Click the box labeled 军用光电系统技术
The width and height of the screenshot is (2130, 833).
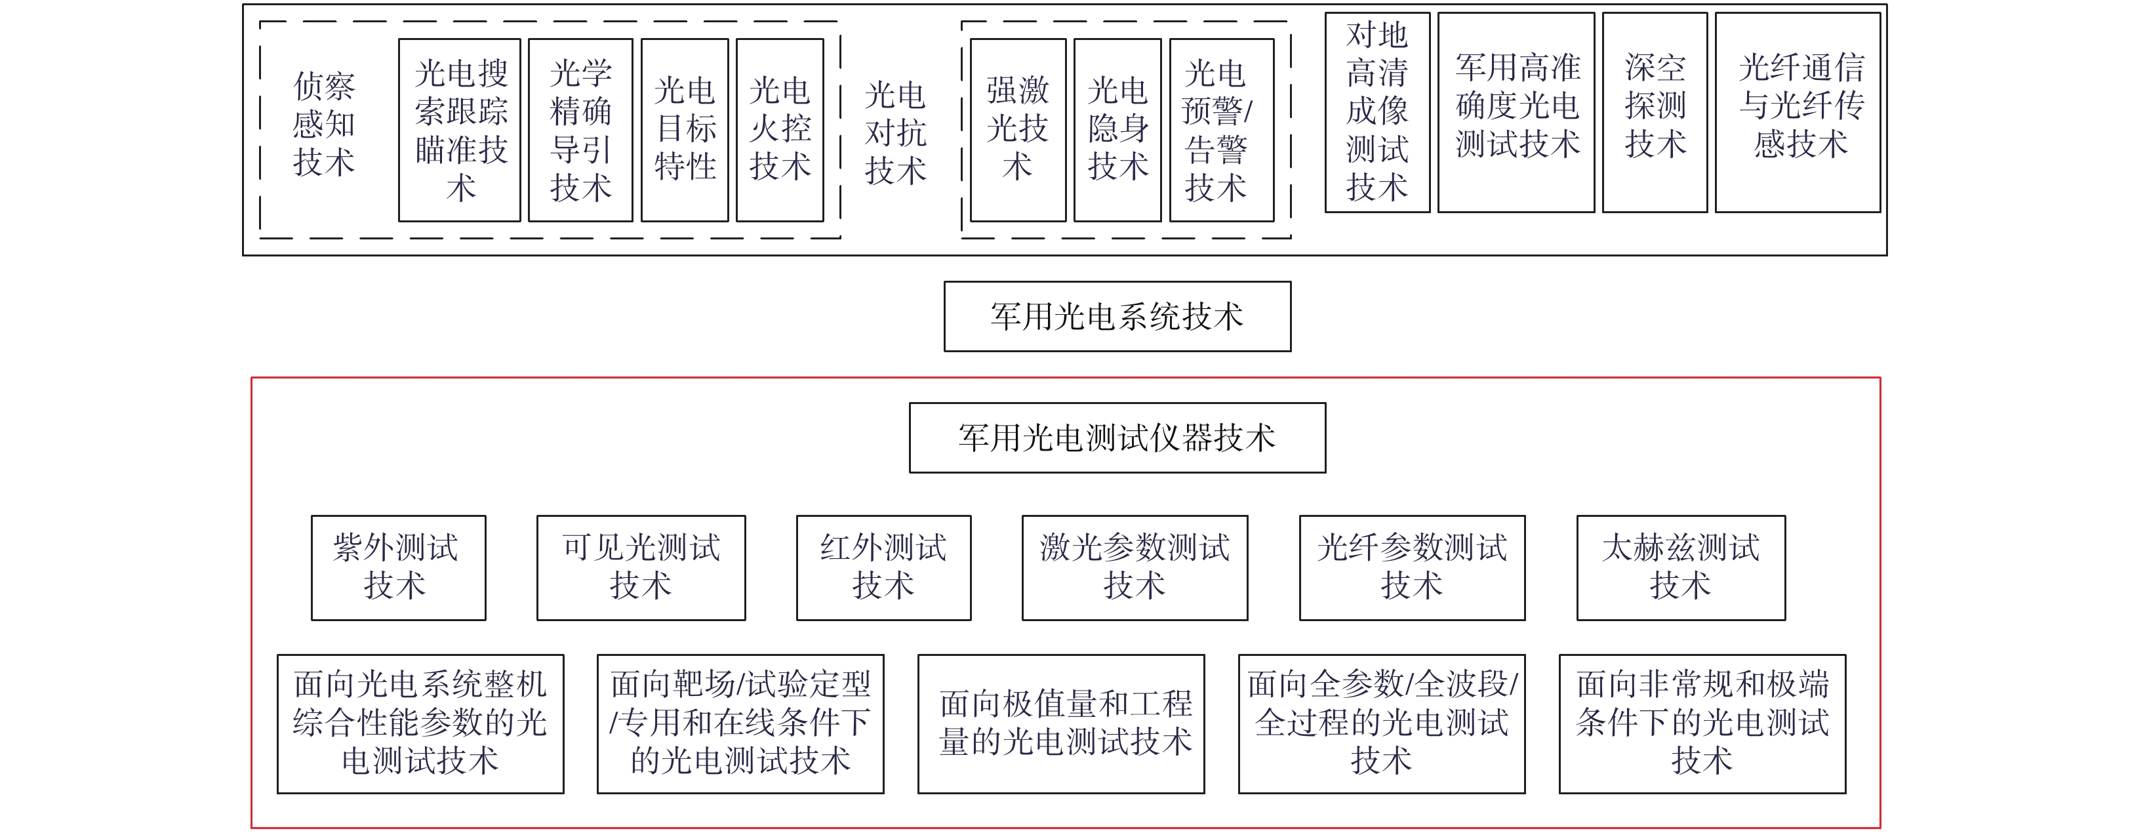pyautogui.click(x=1117, y=316)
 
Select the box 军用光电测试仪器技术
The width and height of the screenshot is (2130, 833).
pyautogui.click(x=1117, y=437)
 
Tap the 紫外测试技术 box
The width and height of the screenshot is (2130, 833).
pyautogui.click(x=399, y=567)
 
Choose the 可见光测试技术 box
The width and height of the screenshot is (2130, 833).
pyautogui.click(x=641, y=567)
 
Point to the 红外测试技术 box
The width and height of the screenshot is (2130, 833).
pyautogui.click(x=883, y=567)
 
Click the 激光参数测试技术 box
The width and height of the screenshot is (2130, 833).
pyautogui.click(x=1135, y=567)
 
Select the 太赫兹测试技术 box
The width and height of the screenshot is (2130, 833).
pyautogui.click(x=1681, y=567)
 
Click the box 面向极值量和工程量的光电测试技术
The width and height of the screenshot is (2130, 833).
pyautogui.click(x=1061, y=724)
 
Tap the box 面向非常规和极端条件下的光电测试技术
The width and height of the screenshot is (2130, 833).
pyautogui.click(x=1702, y=724)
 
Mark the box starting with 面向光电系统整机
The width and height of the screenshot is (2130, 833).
pyautogui.click(x=420, y=724)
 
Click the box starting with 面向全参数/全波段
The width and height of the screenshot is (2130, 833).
pyautogui.click(x=1382, y=724)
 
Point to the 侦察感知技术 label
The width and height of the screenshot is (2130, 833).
pyautogui.click(x=324, y=124)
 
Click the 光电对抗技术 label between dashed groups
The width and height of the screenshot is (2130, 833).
pyautogui.click(x=896, y=132)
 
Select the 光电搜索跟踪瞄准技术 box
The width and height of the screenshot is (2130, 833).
pyautogui.click(x=460, y=130)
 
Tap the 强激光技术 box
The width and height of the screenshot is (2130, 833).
pyautogui.click(x=1018, y=130)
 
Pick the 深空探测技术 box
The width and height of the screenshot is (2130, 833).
pyautogui.click(x=1655, y=112)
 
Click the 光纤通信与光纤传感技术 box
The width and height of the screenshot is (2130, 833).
pyautogui.click(x=1798, y=112)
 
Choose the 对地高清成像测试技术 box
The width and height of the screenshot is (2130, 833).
pyautogui.click(x=1376, y=112)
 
